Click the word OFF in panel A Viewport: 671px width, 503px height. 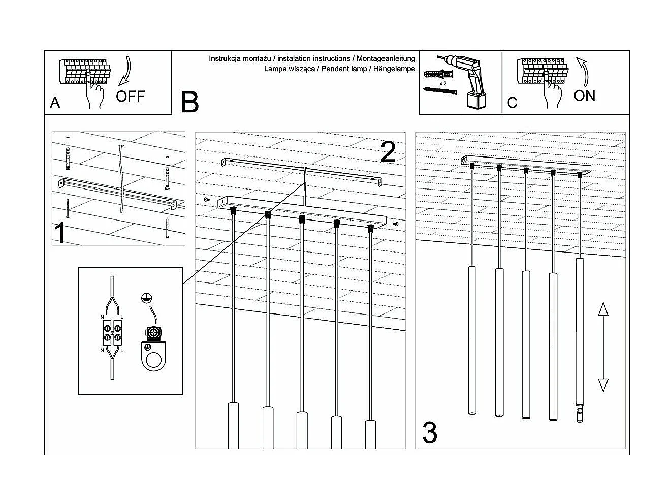pyautogui.click(x=130, y=96)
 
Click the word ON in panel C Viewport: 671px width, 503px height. pyautogui.click(x=584, y=96)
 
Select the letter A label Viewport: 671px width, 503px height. pyautogui.click(x=55, y=103)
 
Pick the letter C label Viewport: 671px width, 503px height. pyautogui.click(x=512, y=103)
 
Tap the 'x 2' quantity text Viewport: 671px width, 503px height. pyautogui.click(x=442, y=83)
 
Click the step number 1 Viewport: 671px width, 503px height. pyautogui.click(x=60, y=233)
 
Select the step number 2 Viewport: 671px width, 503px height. pyautogui.click(x=388, y=152)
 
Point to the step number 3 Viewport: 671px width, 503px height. pyautogui.click(x=429, y=433)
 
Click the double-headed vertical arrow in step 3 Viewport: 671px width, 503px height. pyautogui.click(x=603, y=347)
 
